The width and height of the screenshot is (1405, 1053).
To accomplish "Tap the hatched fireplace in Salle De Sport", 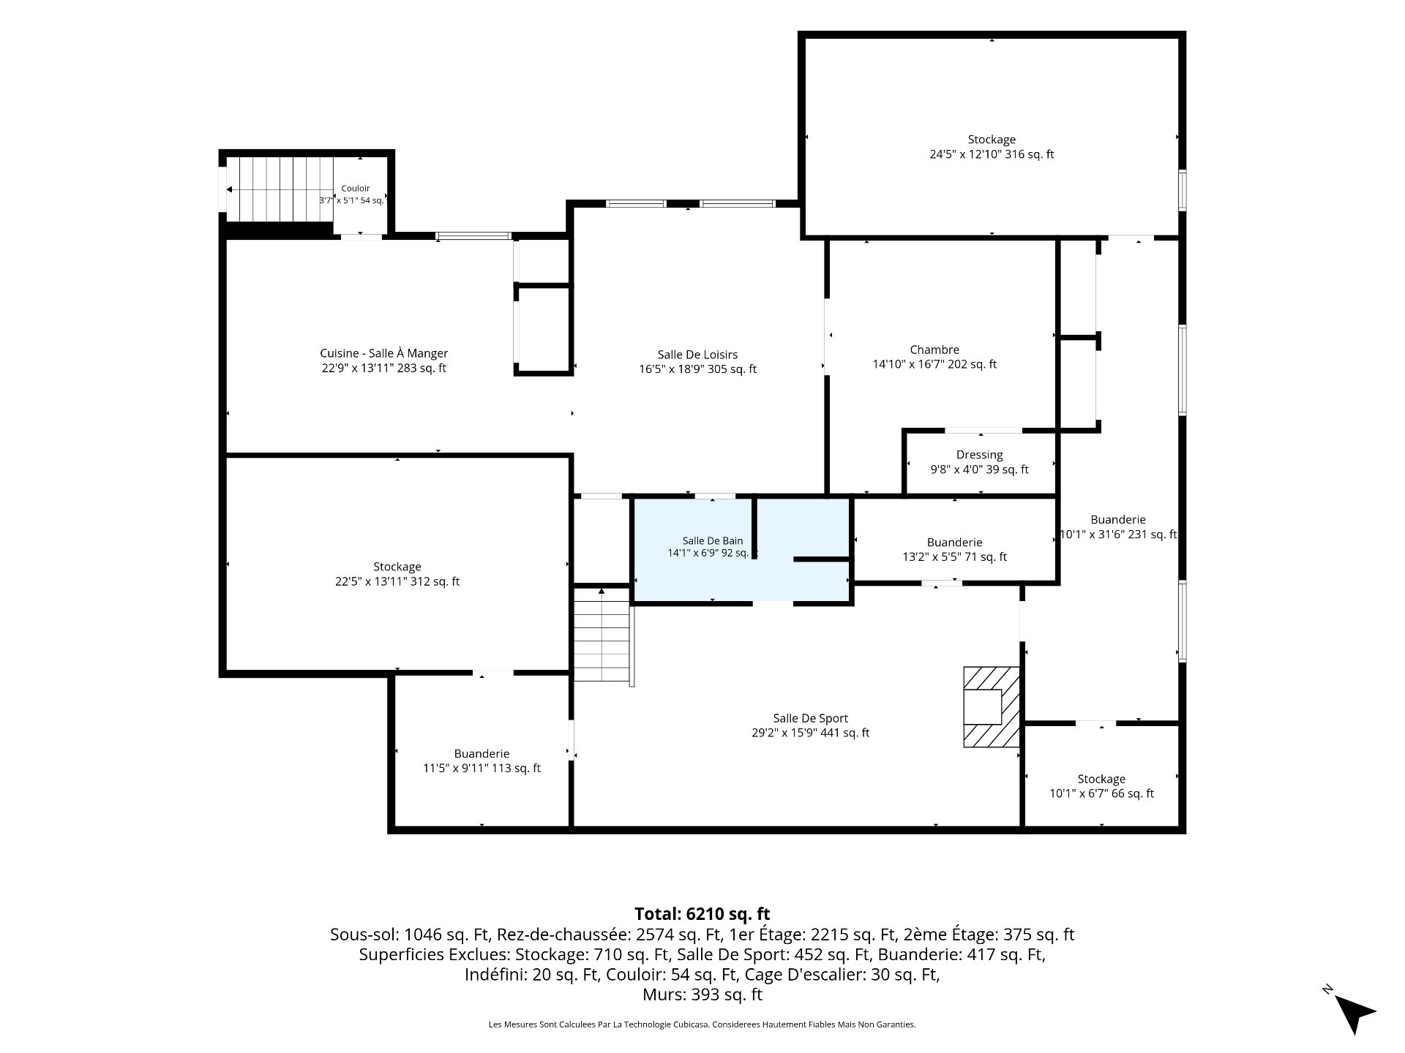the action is click(992, 706).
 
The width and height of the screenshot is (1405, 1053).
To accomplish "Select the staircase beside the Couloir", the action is click(280, 189).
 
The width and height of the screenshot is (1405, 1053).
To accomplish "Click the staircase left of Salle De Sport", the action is click(602, 635).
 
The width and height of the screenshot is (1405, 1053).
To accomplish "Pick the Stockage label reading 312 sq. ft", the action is click(397, 574).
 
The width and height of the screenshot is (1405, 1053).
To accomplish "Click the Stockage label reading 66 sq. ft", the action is click(1101, 786).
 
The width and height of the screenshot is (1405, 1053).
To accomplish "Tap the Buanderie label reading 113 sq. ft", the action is click(482, 760).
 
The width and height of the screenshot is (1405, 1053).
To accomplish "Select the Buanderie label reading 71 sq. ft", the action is click(954, 549).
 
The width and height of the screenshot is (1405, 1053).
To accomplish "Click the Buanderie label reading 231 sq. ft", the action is click(1118, 526).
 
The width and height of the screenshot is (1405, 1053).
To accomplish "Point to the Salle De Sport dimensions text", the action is click(811, 733).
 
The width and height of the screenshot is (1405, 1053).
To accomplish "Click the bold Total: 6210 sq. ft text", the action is click(702, 914).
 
